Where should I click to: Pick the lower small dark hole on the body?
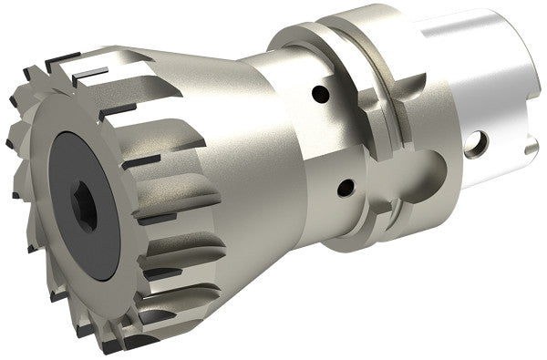coord(345,189)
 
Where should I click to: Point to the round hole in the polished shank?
coord(477,143)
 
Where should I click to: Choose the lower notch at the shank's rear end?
coord(531,149)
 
